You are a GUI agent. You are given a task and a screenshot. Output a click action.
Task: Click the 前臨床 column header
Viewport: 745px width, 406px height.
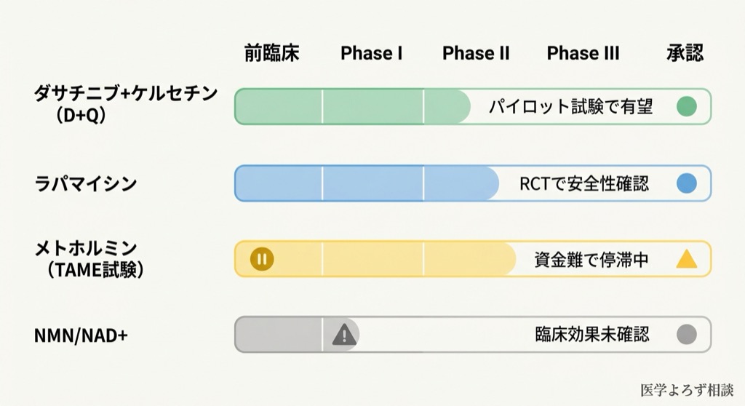271,53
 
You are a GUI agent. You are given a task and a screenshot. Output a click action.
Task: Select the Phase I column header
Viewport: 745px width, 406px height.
371,53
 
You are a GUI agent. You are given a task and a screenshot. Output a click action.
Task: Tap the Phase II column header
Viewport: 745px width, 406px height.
476,53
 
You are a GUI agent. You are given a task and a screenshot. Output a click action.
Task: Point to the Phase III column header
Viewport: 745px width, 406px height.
583,53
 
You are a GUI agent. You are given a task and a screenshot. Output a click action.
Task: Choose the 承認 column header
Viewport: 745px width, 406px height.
685,53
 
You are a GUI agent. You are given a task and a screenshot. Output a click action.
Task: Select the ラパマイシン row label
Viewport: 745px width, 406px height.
86,183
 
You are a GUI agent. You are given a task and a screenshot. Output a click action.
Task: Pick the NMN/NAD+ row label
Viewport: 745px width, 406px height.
81,335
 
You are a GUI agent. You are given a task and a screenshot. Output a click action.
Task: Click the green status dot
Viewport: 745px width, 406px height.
686,107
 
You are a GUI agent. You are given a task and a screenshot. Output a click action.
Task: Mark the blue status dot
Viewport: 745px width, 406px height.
686,183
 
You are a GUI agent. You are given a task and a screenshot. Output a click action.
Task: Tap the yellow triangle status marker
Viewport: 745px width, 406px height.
686,259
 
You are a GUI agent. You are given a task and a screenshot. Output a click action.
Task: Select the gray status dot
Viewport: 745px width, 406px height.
686,335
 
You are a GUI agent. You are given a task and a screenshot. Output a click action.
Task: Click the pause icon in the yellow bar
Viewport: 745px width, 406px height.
261,258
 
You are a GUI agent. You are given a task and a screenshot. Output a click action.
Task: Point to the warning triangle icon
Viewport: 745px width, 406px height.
344,335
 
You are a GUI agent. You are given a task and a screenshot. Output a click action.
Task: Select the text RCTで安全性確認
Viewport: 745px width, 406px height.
583,183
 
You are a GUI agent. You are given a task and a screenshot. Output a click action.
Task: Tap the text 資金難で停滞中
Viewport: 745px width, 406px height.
591,259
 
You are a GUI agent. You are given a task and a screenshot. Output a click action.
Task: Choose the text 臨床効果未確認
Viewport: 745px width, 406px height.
591,335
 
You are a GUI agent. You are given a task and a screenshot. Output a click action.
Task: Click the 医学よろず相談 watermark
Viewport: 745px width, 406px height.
687,390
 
